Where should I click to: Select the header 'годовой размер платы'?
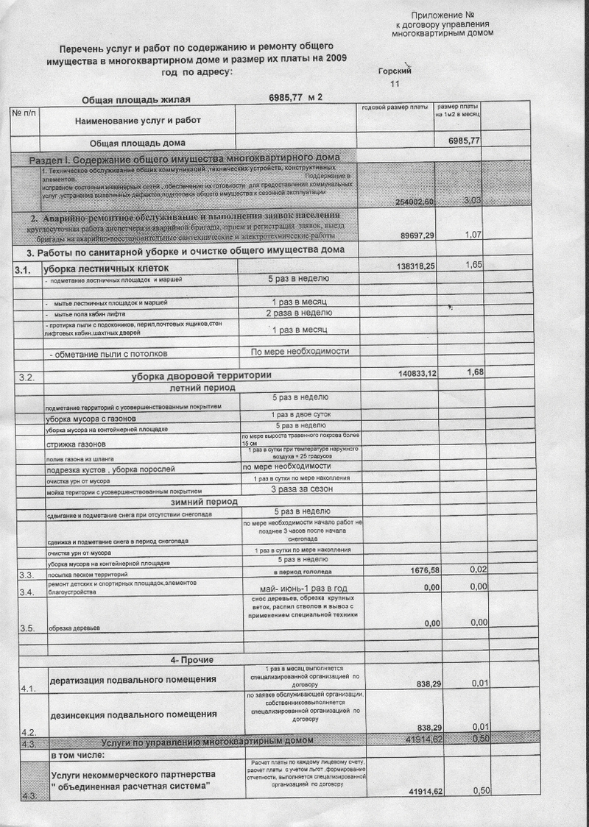click(395, 108)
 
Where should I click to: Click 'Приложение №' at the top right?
click(442, 15)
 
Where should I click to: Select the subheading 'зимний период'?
click(203, 501)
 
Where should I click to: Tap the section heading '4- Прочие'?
click(191, 659)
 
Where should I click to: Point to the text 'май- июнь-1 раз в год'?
click(303, 589)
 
